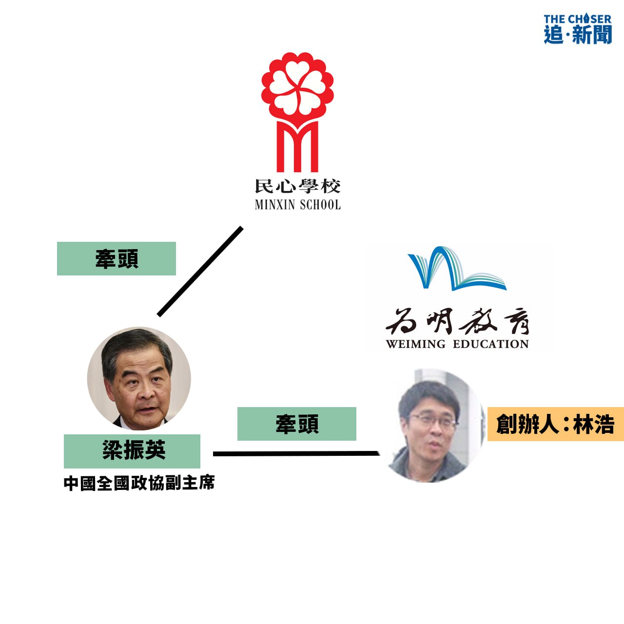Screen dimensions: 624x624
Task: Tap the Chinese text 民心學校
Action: (297, 186)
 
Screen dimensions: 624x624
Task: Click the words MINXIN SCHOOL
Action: (297, 205)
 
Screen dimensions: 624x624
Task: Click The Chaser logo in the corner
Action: (578, 29)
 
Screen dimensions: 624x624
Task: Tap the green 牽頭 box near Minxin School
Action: (117, 259)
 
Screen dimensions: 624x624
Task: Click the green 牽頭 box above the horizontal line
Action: (297, 424)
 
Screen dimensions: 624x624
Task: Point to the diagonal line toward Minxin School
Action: (200, 271)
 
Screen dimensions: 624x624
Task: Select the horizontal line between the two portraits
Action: (296, 454)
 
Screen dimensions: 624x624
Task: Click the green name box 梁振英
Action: (132, 451)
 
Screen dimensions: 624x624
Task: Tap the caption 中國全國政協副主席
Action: (139, 483)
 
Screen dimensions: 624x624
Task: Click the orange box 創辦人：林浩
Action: (556, 424)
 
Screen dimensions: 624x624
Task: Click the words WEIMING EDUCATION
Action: (457, 344)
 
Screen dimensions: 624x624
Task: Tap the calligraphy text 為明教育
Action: (457, 322)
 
